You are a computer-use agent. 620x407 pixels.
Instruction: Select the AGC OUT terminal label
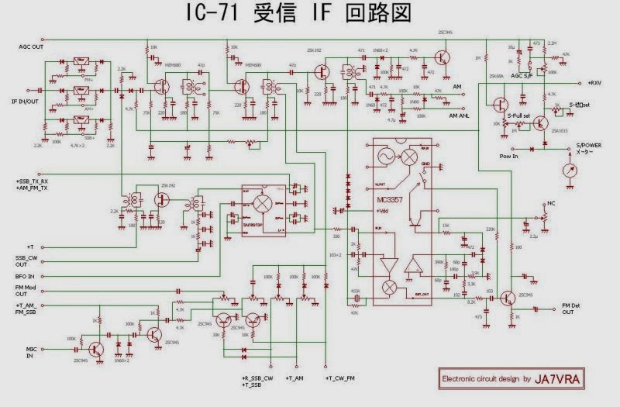pyautogui.click(x=33, y=47)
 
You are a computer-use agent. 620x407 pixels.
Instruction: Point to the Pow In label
pyautogui.click(x=488, y=155)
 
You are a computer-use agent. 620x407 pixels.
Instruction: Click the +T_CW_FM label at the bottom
pyautogui.click(x=341, y=378)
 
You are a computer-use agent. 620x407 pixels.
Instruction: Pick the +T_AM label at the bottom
pyautogui.click(x=295, y=378)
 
